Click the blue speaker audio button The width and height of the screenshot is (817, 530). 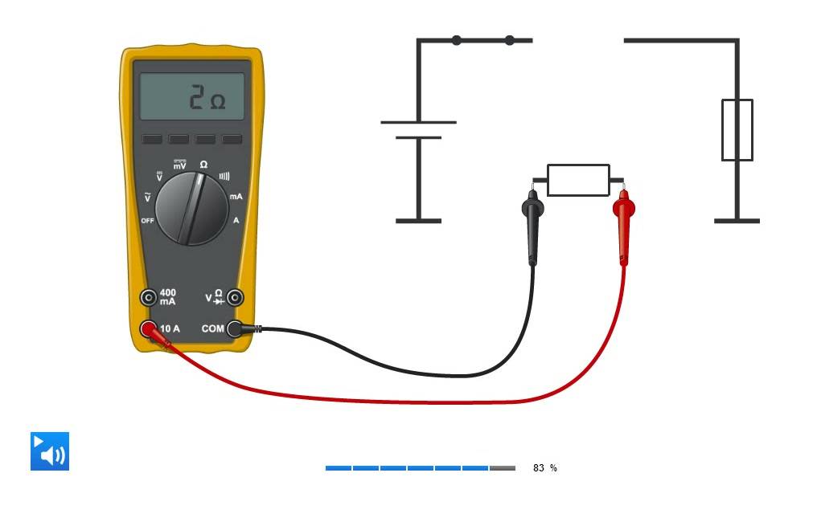50,451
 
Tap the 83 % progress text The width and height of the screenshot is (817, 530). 544,468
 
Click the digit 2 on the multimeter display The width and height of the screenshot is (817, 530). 196,97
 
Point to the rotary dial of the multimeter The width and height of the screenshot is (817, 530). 191,209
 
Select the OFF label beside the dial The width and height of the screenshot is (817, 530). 147,221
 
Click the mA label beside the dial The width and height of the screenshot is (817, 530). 236,197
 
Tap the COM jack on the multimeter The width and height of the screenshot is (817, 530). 235,328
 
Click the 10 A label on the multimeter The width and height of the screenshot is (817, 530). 170,328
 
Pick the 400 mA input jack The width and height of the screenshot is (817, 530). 149,297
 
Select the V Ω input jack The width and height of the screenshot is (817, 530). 235,297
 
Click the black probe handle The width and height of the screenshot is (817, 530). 532,228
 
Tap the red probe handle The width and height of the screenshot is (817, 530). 624,228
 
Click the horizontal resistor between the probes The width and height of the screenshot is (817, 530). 578,181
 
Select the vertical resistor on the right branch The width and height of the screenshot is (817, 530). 737,130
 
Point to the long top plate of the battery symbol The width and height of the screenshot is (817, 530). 418,122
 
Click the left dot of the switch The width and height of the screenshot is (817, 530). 457,40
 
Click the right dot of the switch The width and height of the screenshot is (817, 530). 510,40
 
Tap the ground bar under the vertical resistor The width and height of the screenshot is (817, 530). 737,221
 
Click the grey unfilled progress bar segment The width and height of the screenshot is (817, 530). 503,468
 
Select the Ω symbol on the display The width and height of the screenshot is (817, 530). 218,101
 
